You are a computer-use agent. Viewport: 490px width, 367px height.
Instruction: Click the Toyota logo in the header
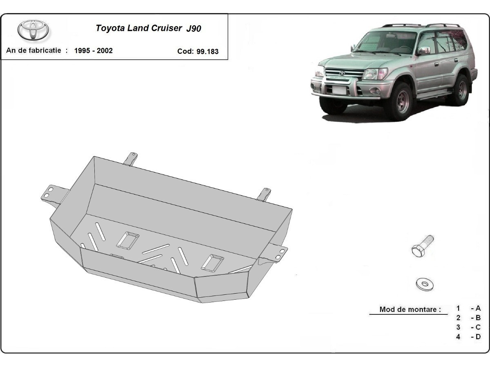point(33,30)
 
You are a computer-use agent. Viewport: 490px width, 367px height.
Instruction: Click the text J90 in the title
point(194,29)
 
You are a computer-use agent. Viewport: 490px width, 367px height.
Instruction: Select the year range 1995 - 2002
point(94,51)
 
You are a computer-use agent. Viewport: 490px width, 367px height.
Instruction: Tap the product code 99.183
point(207,51)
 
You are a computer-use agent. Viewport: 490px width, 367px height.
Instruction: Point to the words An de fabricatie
point(33,50)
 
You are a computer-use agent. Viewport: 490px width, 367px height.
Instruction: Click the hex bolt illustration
point(422,246)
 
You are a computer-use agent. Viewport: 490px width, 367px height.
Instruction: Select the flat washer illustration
point(425,284)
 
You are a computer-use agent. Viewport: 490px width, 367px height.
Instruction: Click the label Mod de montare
point(410,309)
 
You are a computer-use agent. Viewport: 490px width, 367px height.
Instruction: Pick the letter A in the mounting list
point(478,308)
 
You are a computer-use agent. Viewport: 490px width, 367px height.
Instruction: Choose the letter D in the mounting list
point(478,337)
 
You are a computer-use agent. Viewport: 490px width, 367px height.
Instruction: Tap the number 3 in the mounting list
point(458,327)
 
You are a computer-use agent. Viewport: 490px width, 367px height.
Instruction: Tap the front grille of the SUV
point(345,73)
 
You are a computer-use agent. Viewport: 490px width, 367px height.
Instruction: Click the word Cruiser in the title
point(167,28)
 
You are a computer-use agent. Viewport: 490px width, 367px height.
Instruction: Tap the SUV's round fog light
point(375,91)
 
